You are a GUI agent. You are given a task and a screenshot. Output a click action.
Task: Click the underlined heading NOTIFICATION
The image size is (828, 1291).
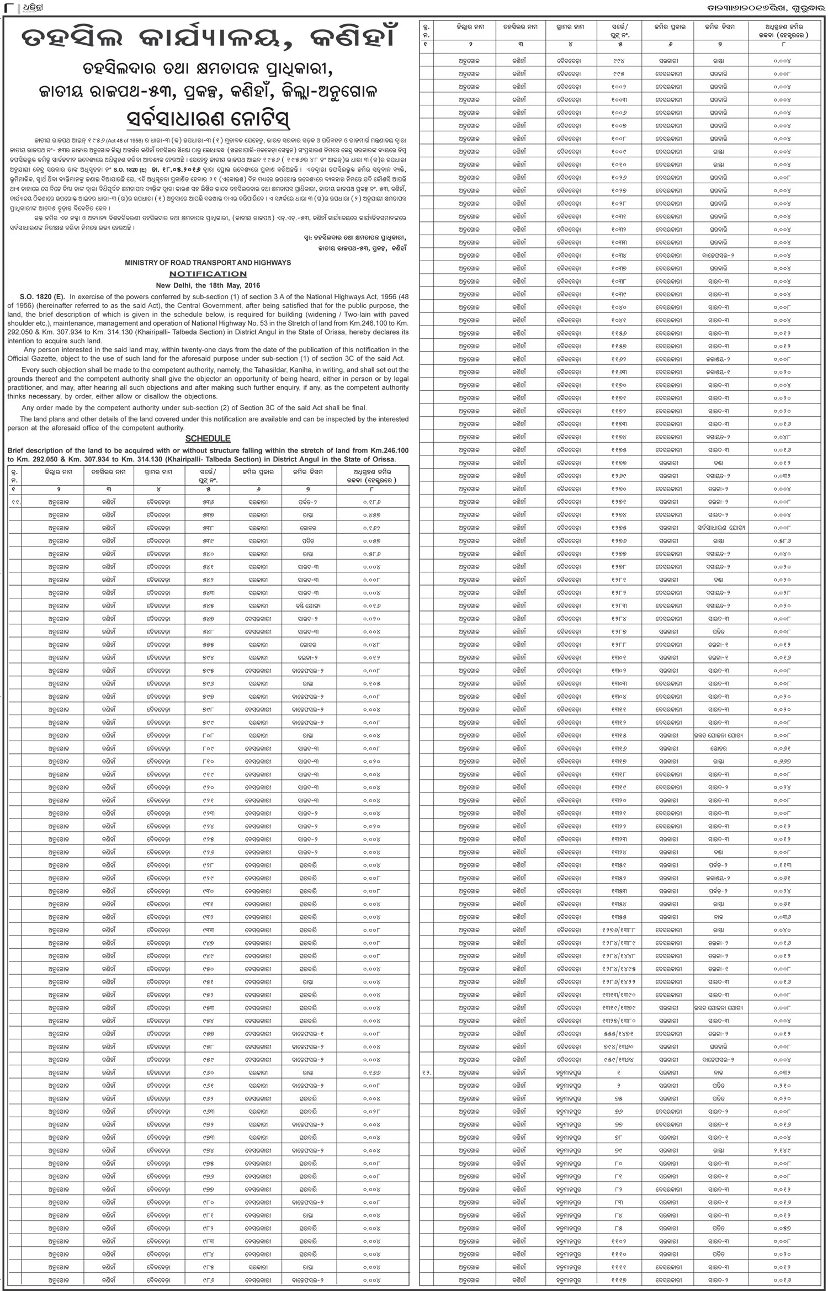(x=208, y=274)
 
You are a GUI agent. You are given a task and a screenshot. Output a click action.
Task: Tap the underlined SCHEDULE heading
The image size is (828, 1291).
(x=208, y=438)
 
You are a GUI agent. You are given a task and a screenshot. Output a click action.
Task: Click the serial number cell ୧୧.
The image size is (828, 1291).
(x=16, y=502)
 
